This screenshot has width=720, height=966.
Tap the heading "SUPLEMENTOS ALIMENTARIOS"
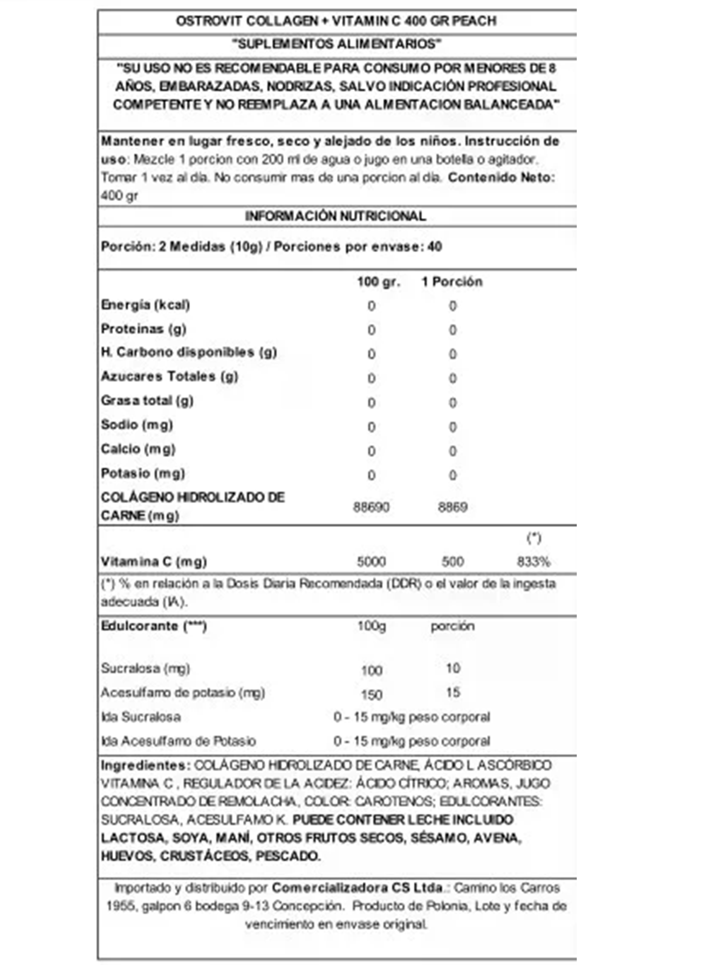click(x=336, y=44)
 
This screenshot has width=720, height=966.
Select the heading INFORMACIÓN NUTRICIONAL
click(x=335, y=216)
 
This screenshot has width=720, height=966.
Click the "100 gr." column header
click(x=378, y=282)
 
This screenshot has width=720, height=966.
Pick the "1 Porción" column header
click(x=452, y=282)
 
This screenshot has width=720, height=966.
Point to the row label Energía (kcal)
click(x=145, y=305)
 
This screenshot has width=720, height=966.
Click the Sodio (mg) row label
click(x=137, y=425)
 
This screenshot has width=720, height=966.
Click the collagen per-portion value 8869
click(x=452, y=507)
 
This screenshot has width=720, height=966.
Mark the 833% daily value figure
click(x=533, y=562)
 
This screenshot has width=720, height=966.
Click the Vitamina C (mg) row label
click(x=153, y=561)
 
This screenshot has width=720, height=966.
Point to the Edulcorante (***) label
click(x=153, y=626)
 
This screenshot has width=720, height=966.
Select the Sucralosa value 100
click(x=372, y=670)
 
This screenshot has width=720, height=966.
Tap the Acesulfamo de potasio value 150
click(x=372, y=694)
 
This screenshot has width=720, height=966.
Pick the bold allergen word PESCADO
click(x=288, y=856)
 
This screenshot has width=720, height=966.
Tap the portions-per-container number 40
click(x=435, y=246)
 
